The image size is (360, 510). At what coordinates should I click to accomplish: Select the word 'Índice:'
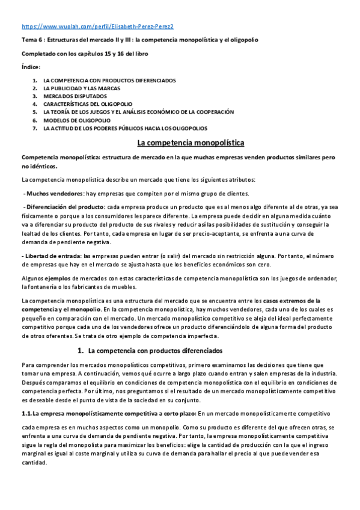(x=31, y=67)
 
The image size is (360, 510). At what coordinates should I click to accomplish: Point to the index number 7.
(x=35, y=128)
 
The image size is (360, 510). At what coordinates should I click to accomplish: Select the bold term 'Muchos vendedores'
(x=55, y=193)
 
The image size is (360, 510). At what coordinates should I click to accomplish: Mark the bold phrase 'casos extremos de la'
(x=292, y=300)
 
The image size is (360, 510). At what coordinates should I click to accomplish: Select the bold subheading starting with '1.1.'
(x=109, y=414)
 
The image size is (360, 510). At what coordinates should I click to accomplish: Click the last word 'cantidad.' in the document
(x=34, y=463)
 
